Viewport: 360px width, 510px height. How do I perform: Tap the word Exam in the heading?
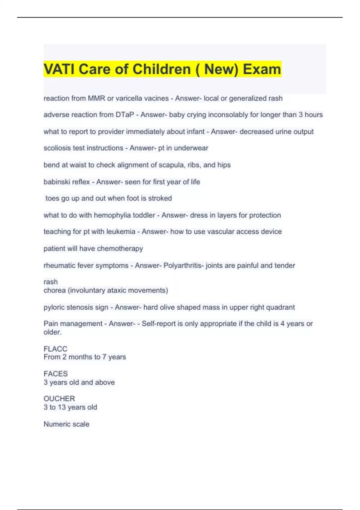point(262,69)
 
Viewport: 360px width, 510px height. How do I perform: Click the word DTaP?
point(125,115)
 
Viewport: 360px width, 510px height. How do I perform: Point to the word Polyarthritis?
point(183,265)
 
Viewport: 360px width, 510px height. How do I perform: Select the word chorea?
point(55,290)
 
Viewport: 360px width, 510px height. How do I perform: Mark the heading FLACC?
point(55,349)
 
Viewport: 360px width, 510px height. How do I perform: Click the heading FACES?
point(55,374)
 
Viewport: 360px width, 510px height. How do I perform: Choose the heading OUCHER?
point(59,399)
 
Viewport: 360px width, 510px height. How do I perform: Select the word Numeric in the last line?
point(55,424)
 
